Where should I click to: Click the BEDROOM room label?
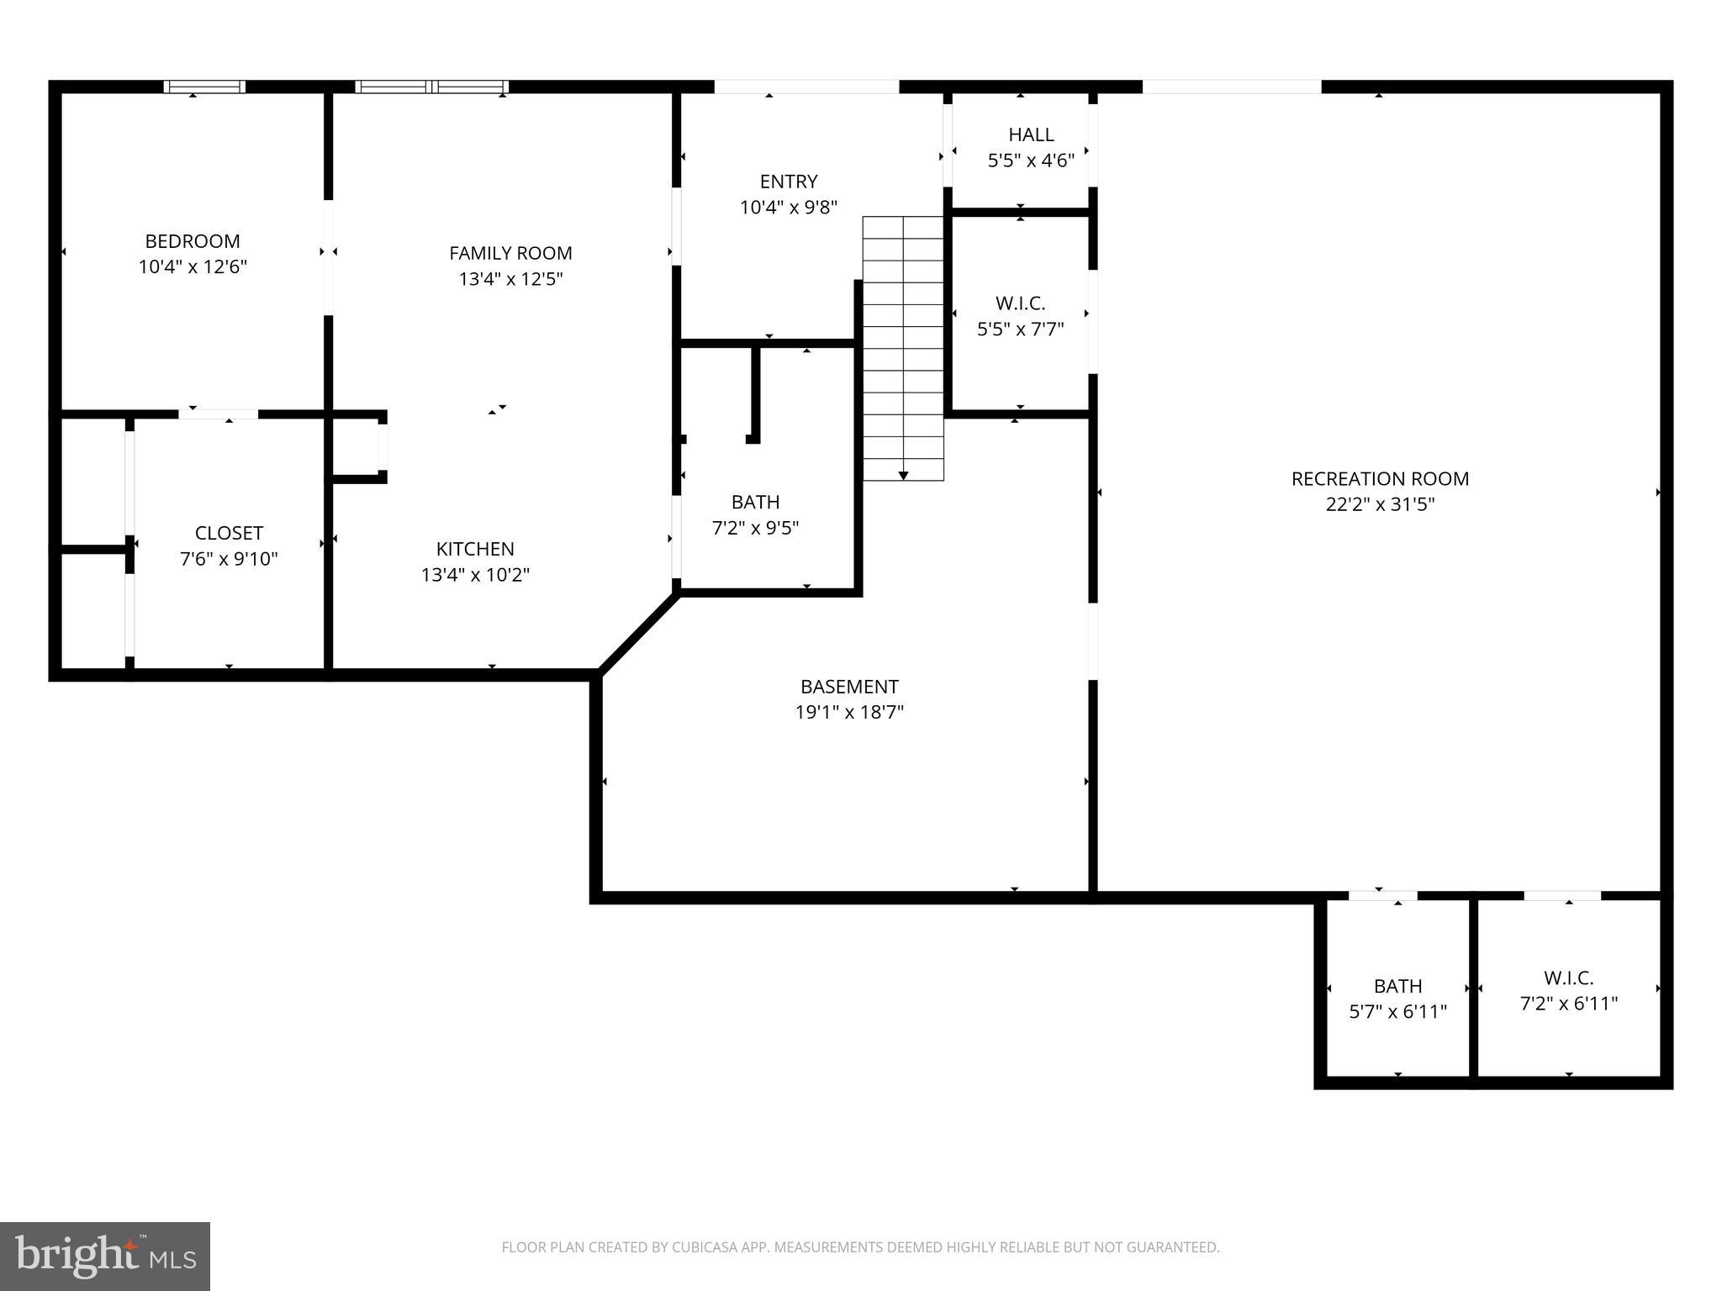click(193, 241)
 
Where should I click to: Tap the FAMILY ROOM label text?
click(510, 253)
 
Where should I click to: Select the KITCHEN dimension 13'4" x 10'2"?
click(475, 575)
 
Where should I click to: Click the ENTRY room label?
click(788, 182)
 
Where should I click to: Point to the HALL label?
click(1031, 134)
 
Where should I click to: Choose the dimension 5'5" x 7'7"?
click(1020, 329)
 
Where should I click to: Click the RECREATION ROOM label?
click(1380, 478)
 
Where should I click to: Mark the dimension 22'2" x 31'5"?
click(1380, 504)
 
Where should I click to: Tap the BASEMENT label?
click(849, 687)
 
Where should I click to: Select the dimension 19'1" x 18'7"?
click(849, 713)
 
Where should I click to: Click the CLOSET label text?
click(229, 533)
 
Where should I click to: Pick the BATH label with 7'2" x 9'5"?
click(755, 502)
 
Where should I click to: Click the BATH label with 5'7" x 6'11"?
click(1397, 986)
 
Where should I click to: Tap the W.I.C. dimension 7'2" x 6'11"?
click(1568, 1004)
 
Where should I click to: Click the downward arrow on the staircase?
click(903, 475)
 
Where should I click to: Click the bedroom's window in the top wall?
click(204, 87)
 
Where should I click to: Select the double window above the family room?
click(431, 87)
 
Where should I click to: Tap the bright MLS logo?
click(105, 1257)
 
